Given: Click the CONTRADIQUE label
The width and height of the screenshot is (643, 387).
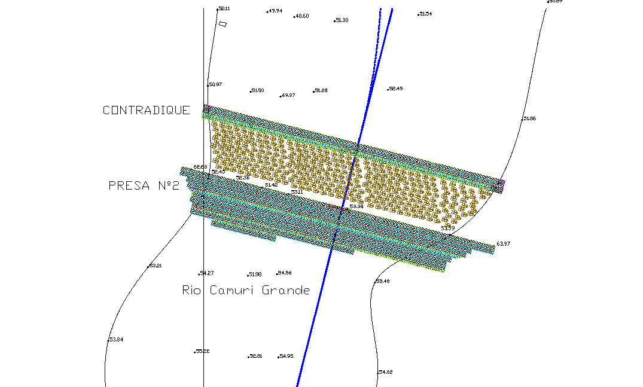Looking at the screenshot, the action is [x=147, y=110].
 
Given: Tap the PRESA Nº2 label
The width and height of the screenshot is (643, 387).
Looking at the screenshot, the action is [x=144, y=185].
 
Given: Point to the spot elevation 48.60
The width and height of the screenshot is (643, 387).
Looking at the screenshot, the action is [x=302, y=16].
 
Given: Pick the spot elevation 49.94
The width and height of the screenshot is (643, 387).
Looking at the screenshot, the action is [x=275, y=11].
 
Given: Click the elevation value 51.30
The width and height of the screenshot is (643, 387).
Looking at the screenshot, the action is [x=342, y=20].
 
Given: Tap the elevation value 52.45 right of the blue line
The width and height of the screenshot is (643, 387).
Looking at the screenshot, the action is [x=395, y=89].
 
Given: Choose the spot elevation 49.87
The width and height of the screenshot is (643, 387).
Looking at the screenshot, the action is [x=288, y=95].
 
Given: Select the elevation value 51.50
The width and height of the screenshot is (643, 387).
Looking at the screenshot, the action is [x=257, y=90].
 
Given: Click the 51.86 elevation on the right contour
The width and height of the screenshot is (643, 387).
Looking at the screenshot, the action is [x=529, y=118].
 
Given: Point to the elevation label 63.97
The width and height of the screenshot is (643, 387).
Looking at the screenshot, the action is [x=504, y=244].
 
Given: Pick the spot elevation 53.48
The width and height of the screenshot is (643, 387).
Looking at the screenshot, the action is [x=382, y=281].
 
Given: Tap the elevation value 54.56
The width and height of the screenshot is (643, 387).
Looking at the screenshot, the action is [x=284, y=273].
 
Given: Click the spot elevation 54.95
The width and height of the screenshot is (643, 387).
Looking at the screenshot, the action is [x=286, y=356].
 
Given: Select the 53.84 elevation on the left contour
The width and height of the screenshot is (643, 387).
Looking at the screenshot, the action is [x=116, y=340].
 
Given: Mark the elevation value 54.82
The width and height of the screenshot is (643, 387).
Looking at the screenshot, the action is [x=385, y=372].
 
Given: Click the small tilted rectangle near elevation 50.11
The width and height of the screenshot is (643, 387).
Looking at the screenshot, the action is [x=223, y=24].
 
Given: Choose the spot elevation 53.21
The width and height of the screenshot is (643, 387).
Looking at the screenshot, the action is [x=155, y=265].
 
